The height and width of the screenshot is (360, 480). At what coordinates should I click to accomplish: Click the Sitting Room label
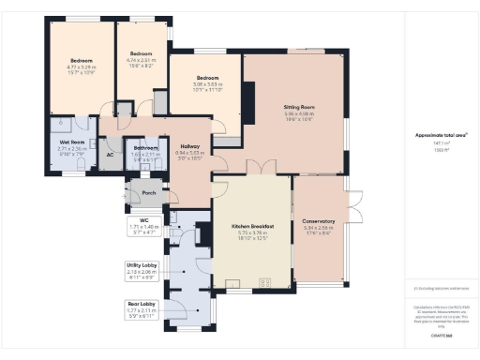pyautogui.click(x=297, y=108)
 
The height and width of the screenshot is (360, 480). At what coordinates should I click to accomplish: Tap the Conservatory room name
pyautogui.click(x=320, y=221)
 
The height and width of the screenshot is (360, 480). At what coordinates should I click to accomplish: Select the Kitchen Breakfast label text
pyautogui.click(x=252, y=227)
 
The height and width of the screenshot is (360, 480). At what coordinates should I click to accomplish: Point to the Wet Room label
pyautogui.click(x=72, y=142)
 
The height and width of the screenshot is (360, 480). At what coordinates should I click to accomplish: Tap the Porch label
pyautogui.click(x=147, y=193)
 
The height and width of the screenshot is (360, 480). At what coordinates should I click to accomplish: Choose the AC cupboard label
pyautogui.click(x=110, y=154)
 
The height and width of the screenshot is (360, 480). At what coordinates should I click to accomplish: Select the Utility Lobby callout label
pyautogui.click(x=141, y=265)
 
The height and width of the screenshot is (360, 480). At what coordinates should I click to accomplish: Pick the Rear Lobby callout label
pyautogui.click(x=141, y=304)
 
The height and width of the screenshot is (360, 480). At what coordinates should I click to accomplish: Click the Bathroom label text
pyautogui.click(x=145, y=147)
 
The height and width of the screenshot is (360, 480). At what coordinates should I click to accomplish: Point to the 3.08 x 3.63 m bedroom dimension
pyautogui.click(x=208, y=84)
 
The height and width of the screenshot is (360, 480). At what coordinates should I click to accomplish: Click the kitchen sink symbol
pyautogui.click(x=230, y=281)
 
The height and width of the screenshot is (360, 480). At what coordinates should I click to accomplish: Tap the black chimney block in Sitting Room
pyautogui.click(x=248, y=97)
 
